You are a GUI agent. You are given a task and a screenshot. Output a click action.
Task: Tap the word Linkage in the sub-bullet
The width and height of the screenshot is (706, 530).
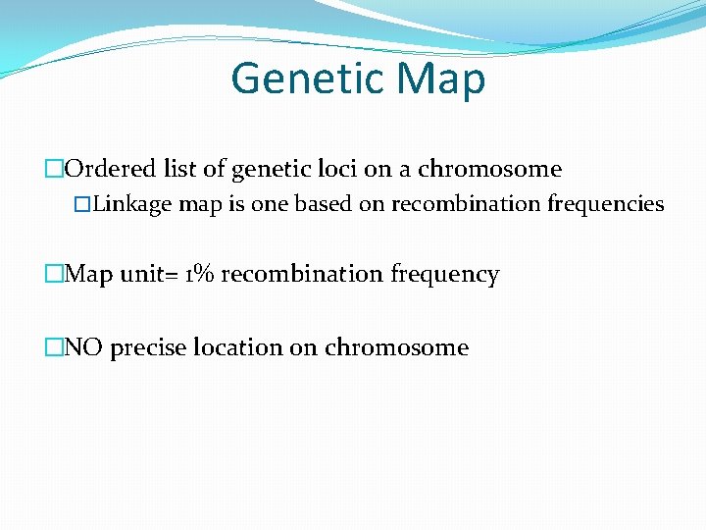[x=132, y=204]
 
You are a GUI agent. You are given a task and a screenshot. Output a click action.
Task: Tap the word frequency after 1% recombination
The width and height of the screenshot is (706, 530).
[x=445, y=275]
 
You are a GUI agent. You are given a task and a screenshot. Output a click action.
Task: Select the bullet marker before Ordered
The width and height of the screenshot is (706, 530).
[x=54, y=170]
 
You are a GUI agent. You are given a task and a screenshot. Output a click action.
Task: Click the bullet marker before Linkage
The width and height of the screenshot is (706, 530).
[x=83, y=205]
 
